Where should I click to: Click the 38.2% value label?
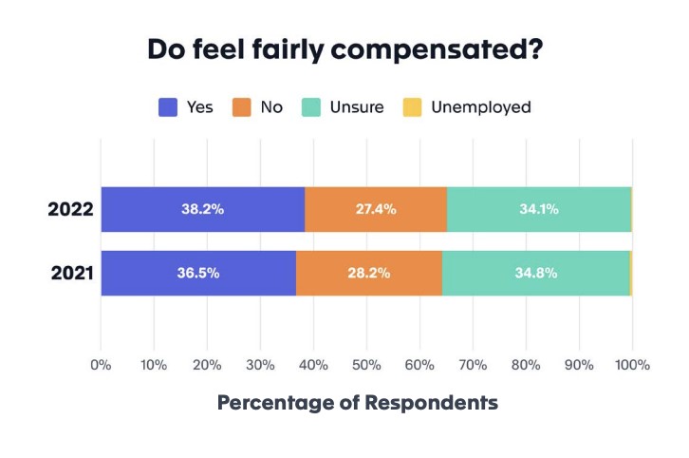pyautogui.click(x=202, y=209)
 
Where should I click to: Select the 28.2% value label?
pyautogui.click(x=368, y=273)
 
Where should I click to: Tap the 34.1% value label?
pyautogui.click(x=537, y=209)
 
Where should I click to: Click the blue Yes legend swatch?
pyautogui.click(x=168, y=107)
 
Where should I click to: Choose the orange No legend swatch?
pyautogui.click(x=240, y=107)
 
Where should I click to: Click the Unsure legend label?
pyautogui.click(x=357, y=107)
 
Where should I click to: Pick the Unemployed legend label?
pyautogui.click(x=480, y=107)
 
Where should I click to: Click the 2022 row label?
pyautogui.click(x=70, y=209)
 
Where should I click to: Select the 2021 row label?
pyautogui.click(x=70, y=273)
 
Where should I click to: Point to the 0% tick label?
pyautogui.click(x=101, y=365)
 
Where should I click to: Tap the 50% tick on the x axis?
pyautogui.click(x=366, y=365)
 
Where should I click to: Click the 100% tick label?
pyautogui.click(x=632, y=365)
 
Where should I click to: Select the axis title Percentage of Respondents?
pyautogui.click(x=358, y=402)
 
